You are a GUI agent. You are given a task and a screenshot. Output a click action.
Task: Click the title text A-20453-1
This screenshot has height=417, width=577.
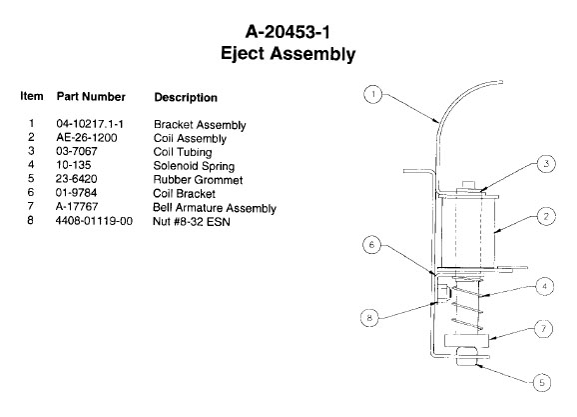[x=288, y=32]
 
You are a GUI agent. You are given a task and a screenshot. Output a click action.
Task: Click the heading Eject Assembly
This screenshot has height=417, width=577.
[x=288, y=53]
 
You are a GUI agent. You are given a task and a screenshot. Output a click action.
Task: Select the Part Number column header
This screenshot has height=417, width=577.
[x=91, y=97]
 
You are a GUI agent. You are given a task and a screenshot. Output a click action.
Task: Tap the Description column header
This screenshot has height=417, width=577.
[x=186, y=97]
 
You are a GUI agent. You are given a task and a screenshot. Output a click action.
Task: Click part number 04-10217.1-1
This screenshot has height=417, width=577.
[x=90, y=124]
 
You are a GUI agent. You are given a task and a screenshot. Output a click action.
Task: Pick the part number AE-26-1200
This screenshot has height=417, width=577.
[x=87, y=138]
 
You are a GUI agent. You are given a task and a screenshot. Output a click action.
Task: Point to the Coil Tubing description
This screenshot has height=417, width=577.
[x=183, y=152]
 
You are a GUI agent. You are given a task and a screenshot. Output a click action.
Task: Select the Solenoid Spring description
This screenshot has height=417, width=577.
[x=194, y=166]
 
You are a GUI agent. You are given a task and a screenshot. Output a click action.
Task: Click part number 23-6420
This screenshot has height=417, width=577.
[x=76, y=179]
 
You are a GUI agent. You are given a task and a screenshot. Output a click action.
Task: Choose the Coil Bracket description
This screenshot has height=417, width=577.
[x=184, y=194]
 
